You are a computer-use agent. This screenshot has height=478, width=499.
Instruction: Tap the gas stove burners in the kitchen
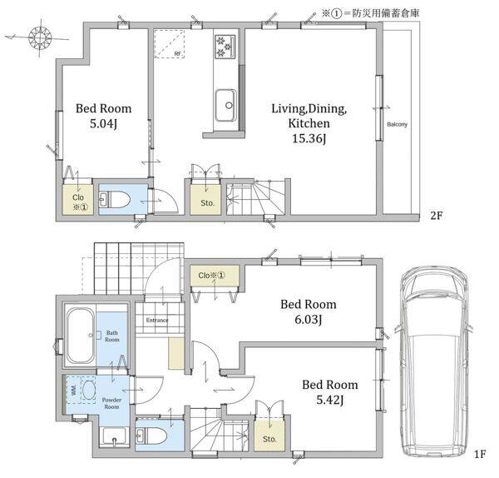point(225,47)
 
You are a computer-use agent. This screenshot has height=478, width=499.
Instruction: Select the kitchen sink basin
point(226,105)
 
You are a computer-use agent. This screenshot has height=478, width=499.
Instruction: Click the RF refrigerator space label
point(178,54)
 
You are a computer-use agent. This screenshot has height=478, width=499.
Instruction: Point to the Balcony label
point(397,124)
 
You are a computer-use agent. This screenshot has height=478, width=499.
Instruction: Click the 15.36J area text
point(309,138)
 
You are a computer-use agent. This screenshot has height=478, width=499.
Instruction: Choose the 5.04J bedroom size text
point(103,123)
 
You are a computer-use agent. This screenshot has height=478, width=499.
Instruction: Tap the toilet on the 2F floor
point(116,200)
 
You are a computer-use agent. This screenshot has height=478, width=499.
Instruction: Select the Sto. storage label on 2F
point(207,202)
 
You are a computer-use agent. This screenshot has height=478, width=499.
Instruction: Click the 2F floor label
point(437,216)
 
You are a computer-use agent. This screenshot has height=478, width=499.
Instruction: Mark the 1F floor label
point(480,454)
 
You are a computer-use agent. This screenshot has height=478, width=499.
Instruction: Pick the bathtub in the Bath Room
point(80,336)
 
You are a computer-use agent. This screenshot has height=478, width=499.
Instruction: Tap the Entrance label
point(157,320)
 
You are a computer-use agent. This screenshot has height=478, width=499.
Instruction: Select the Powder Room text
point(111,403)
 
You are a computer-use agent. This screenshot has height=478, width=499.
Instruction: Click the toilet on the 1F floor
point(151,436)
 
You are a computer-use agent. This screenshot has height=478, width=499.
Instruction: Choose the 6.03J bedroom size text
point(308,319)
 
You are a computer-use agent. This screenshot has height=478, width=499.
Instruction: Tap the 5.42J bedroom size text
point(329,400)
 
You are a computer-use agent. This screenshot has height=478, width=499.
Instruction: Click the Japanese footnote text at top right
point(370,13)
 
